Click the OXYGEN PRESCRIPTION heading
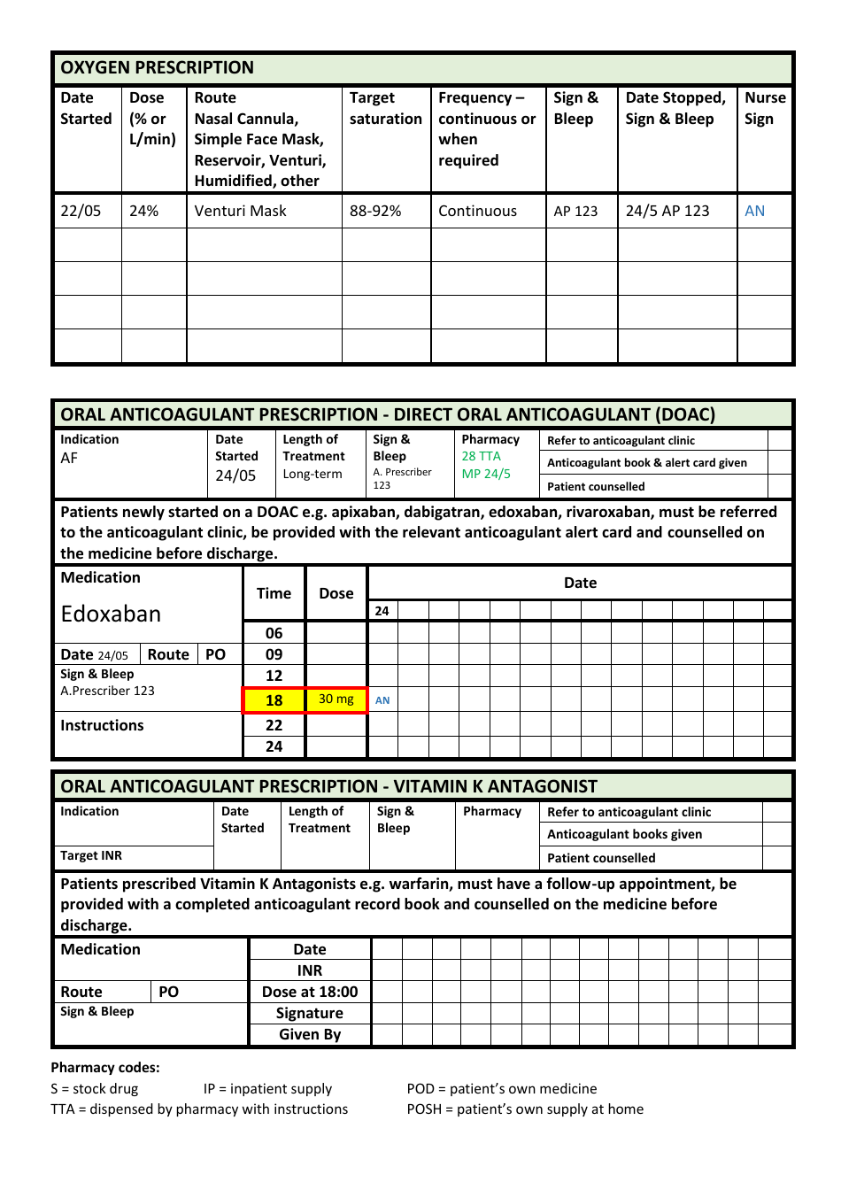coord(157,68)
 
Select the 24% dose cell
coord(144,212)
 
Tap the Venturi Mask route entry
coord(240,212)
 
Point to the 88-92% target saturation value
coord(375,212)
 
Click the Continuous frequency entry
coord(477,212)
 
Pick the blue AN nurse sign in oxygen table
coord(754,212)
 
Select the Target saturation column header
coord(385,109)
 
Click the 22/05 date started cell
coord(81,212)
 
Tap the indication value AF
coord(69,459)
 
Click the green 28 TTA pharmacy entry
coord(481,456)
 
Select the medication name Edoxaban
coord(111,614)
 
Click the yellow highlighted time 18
coord(274,700)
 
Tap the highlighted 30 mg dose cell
coord(336,699)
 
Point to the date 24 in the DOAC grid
coord(382,611)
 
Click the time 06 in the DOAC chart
coord(274,633)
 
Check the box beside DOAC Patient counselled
coord(779,486)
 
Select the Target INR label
coord(91,856)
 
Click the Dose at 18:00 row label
coord(310,993)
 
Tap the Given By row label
coord(310,1035)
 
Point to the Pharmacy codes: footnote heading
coord(105,1068)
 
